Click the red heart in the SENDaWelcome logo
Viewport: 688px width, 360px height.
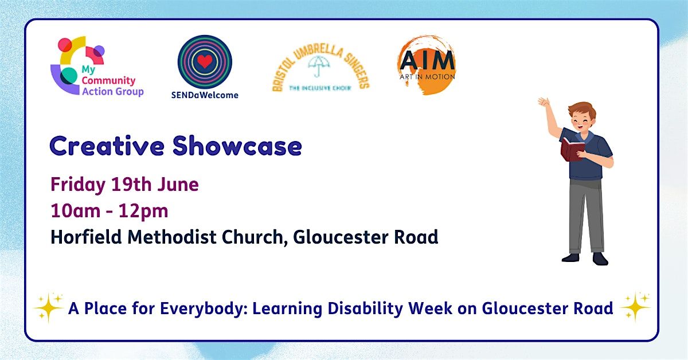coord(205,61)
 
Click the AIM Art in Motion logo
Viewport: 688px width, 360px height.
coord(427,65)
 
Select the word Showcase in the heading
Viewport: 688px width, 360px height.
coord(237,146)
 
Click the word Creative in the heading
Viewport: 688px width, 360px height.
coord(107,146)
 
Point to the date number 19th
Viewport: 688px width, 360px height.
coord(131,185)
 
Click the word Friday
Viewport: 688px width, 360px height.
coord(78,185)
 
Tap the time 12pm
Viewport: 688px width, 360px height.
coord(143,212)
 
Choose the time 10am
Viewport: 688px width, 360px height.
coord(76,211)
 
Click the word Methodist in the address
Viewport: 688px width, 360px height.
coord(172,237)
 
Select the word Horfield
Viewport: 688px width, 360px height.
coord(86,237)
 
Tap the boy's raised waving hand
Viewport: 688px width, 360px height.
coord(544,102)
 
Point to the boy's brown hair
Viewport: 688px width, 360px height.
coord(583,109)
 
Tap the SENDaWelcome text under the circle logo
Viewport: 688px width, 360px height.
coord(205,95)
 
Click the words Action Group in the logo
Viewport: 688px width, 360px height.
coord(113,92)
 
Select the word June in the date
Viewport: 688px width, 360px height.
coord(178,185)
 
